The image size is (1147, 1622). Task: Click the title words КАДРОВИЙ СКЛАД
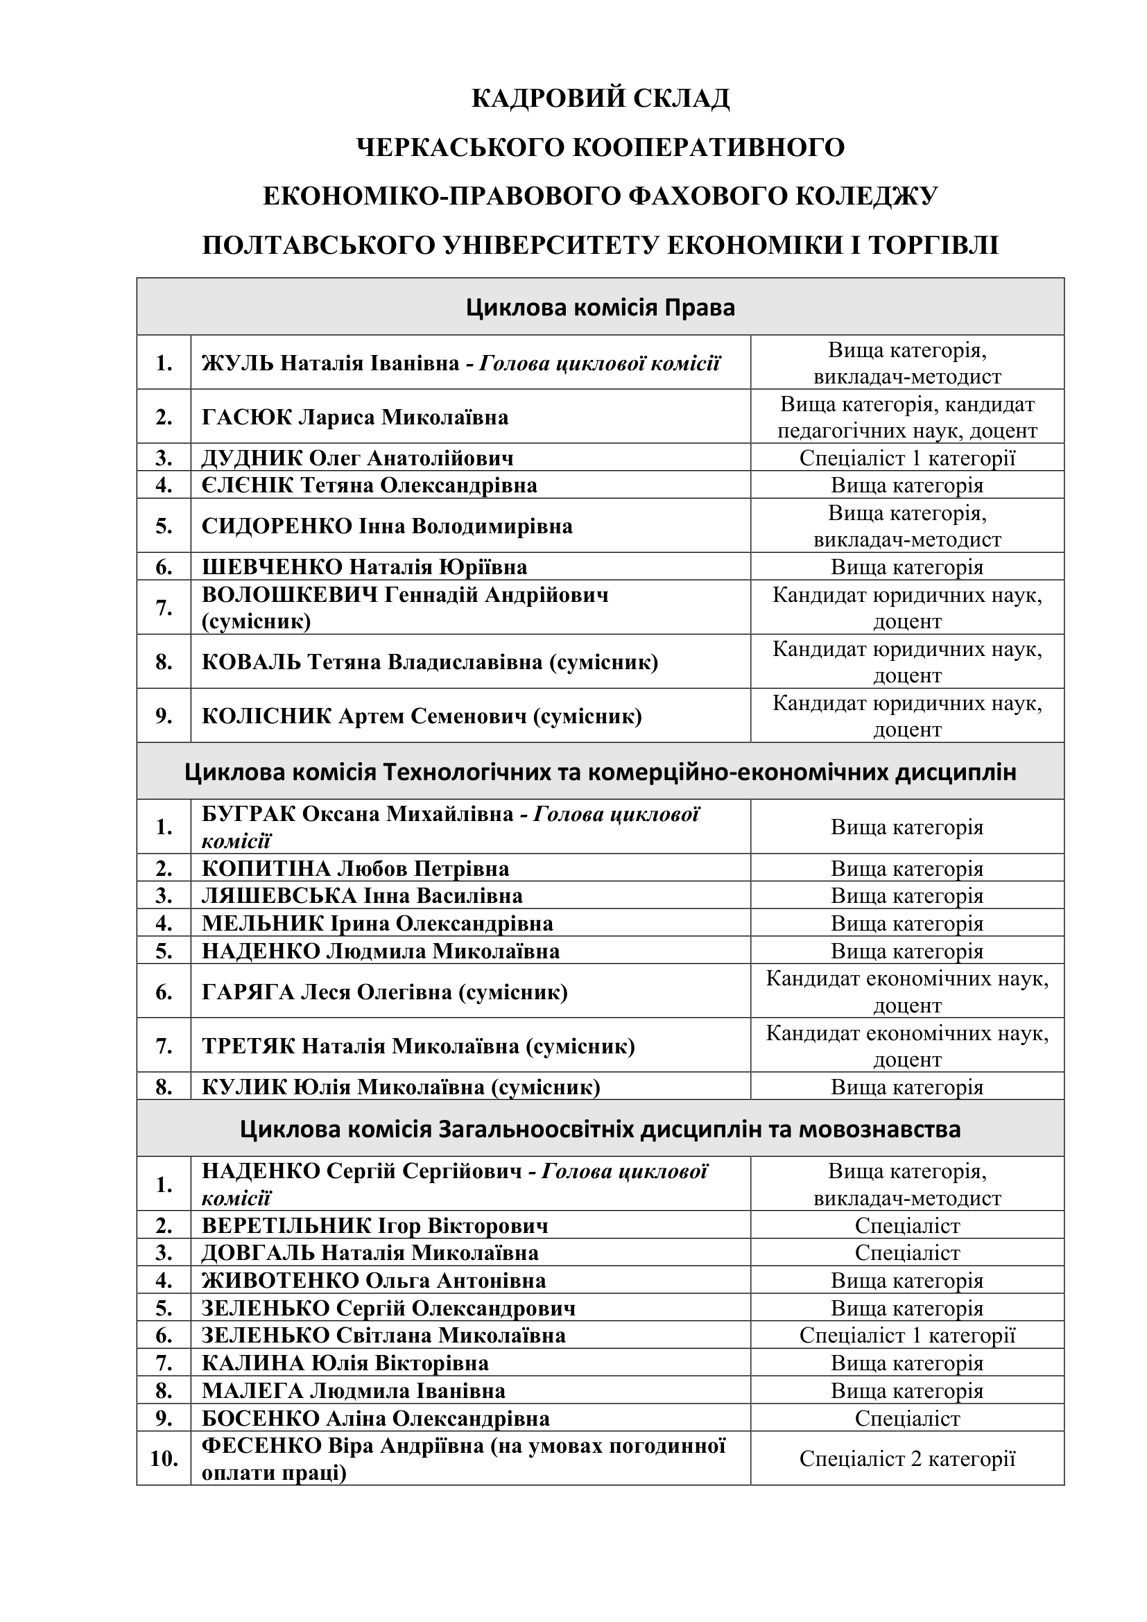click(601, 98)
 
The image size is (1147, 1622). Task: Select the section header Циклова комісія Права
click(601, 307)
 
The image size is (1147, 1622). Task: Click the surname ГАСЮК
click(246, 417)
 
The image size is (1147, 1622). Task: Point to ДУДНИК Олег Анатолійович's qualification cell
click(907, 458)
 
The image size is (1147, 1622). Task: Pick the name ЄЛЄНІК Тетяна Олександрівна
click(370, 485)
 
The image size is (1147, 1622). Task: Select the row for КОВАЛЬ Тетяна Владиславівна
click(429, 662)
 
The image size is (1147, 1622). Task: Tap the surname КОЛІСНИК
click(266, 716)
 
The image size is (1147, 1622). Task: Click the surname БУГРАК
click(249, 814)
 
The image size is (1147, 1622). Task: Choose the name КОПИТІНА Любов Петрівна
click(355, 868)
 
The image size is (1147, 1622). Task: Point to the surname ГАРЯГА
click(248, 992)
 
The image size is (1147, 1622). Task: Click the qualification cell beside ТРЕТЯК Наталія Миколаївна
click(907, 1046)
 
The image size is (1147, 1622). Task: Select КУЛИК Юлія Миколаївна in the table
click(400, 1087)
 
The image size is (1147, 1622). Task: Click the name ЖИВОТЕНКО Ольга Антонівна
click(374, 1280)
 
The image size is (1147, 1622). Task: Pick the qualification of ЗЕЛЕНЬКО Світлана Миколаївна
click(907, 1335)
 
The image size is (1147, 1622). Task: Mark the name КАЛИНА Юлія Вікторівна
click(345, 1363)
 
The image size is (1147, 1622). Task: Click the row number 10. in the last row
click(164, 1458)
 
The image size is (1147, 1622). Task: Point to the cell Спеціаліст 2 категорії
click(907, 1458)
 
